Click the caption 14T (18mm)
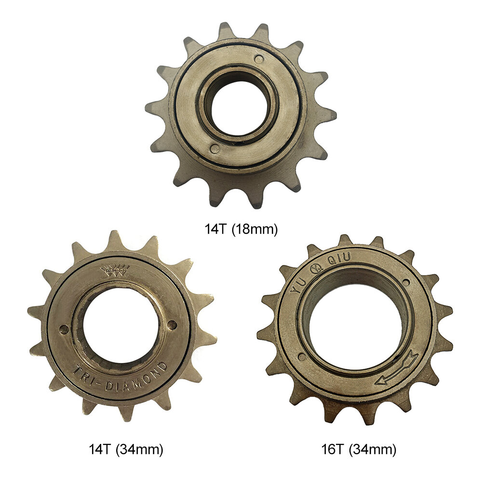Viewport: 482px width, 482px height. tap(241, 229)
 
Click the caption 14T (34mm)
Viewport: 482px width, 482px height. tap(126, 449)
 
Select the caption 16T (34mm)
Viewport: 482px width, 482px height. tap(359, 449)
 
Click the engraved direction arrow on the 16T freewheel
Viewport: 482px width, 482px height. tap(397, 368)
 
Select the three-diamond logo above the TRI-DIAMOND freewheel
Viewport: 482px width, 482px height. tap(115, 270)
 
